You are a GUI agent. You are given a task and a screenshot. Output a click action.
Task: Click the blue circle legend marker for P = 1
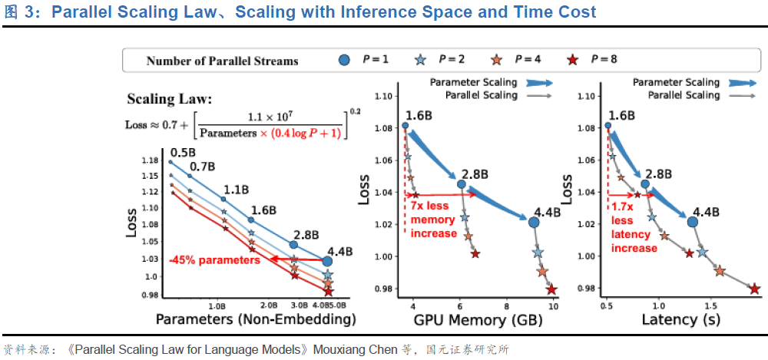click(x=346, y=60)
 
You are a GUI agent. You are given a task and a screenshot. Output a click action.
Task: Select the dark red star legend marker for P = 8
click(x=571, y=60)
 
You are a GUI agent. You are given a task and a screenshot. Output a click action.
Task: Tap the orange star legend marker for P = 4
click(x=496, y=60)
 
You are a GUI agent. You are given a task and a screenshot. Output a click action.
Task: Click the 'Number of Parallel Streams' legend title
click(x=222, y=61)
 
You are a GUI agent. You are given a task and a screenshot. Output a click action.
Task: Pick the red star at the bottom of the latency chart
click(x=754, y=289)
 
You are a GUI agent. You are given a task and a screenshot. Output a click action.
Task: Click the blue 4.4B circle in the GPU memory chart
click(x=534, y=222)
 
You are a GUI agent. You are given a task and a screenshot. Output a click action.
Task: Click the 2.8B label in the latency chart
click(x=658, y=174)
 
